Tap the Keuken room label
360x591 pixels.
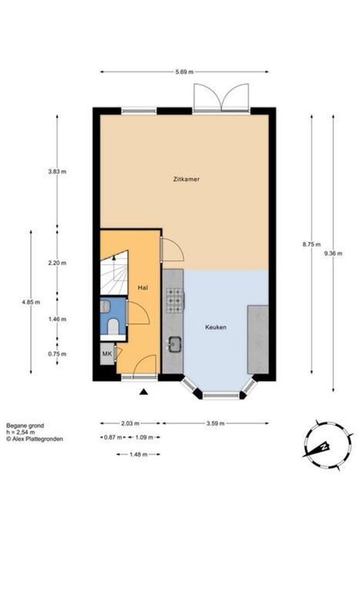click(x=216, y=327)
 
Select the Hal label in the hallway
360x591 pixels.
click(x=142, y=287)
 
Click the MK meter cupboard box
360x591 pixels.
click(x=107, y=354)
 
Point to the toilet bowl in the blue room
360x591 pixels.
click(x=112, y=327)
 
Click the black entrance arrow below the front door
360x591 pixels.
click(x=143, y=391)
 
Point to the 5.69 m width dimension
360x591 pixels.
click(x=184, y=72)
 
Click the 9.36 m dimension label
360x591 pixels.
click(x=333, y=253)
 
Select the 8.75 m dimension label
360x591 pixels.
click(x=311, y=245)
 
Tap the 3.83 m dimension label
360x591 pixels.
click(x=57, y=171)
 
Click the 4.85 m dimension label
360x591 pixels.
click(x=31, y=302)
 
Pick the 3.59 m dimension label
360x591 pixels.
click(x=216, y=423)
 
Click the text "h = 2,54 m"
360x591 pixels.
click(x=20, y=432)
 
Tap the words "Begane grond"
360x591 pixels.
click(x=25, y=425)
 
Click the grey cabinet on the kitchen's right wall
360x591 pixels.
click(x=258, y=339)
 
